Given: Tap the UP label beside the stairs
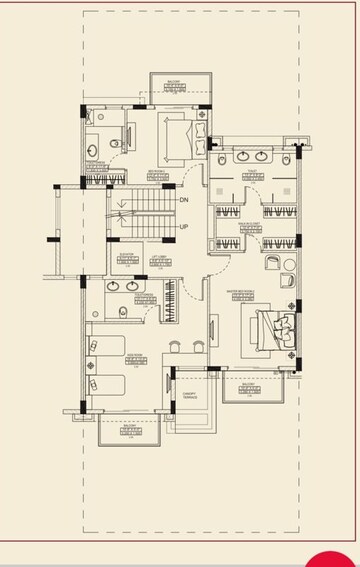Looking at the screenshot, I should click(184, 227).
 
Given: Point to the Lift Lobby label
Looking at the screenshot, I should click(158, 257).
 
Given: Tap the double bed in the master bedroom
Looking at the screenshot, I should click(276, 326).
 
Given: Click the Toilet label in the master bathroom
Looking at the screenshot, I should click(251, 172).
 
